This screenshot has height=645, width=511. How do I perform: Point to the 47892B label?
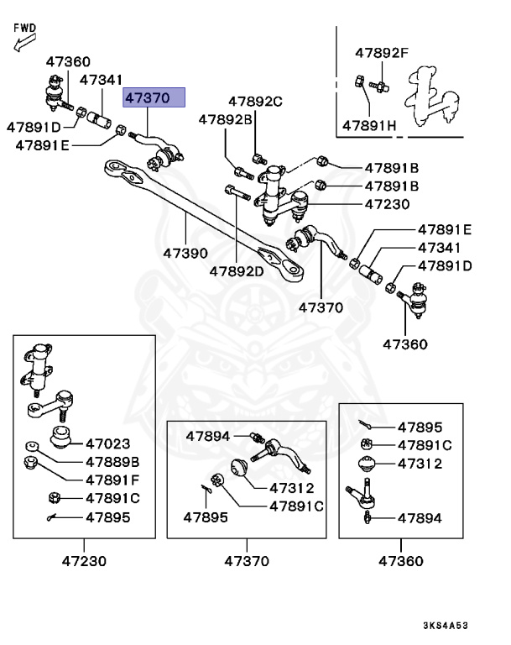(x=225, y=120)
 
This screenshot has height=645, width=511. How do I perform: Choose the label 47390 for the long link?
(x=185, y=253)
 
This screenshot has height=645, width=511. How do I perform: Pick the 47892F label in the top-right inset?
(x=381, y=53)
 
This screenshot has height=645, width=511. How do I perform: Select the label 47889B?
(x=112, y=461)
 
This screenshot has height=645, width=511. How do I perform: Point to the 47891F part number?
(x=112, y=480)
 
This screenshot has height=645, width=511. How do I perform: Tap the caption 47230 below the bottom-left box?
(x=84, y=560)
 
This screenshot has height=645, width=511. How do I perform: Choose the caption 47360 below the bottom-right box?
(x=401, y=560)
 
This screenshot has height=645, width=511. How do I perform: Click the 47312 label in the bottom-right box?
(x=420, y=464)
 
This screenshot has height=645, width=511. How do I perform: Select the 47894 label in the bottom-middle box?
(x=208, y=436)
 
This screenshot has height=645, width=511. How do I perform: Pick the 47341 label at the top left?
(x=102, y=80)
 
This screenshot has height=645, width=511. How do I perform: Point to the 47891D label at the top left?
(x=34, y=127)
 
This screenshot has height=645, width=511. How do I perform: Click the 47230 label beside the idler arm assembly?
(x=387, y=204)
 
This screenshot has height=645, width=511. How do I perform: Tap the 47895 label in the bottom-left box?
(x=107, y=517)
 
